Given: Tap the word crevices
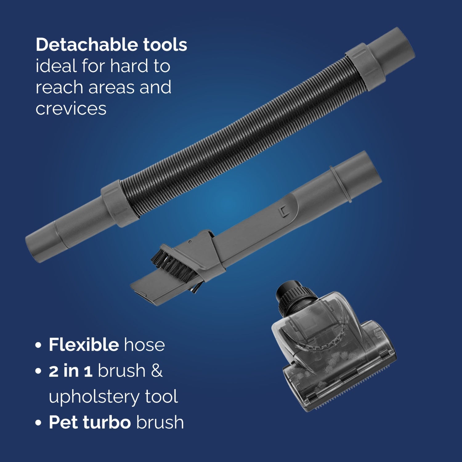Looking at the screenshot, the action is coord(71,109).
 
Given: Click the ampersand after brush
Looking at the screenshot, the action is coord(157,371).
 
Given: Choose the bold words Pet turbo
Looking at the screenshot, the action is coord(90,422).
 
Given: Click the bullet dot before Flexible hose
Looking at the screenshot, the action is coord(38,345).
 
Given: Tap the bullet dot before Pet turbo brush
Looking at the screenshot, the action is coord(38,423).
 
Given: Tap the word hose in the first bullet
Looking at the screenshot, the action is coord(144,345).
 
